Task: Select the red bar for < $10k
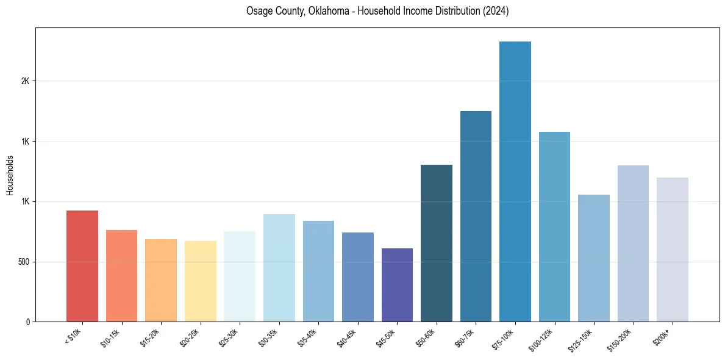82,266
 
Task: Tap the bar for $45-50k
397,285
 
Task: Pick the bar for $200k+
673,250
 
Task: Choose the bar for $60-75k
476,216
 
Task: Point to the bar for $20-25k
201,281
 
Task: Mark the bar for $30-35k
279,268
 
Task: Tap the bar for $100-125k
554,226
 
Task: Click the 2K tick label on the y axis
26,81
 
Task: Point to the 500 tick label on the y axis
24,262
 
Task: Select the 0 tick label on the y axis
28,322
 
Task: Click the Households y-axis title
10,175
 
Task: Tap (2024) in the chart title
496,11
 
